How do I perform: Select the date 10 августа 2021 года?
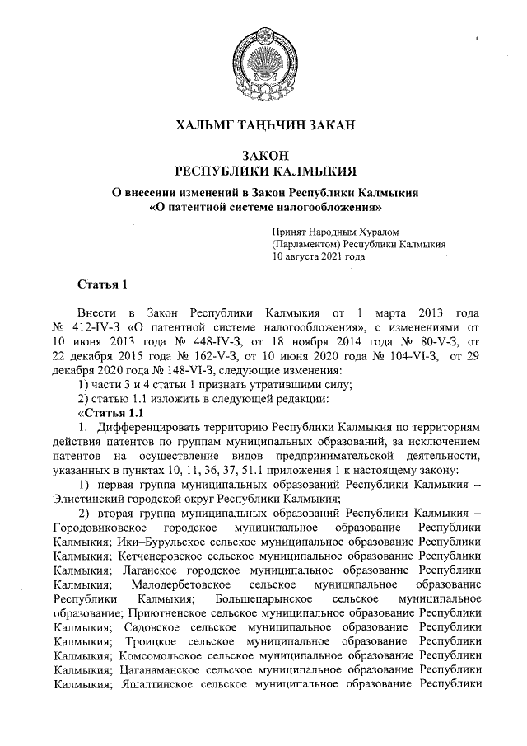(x=319, y=256)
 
